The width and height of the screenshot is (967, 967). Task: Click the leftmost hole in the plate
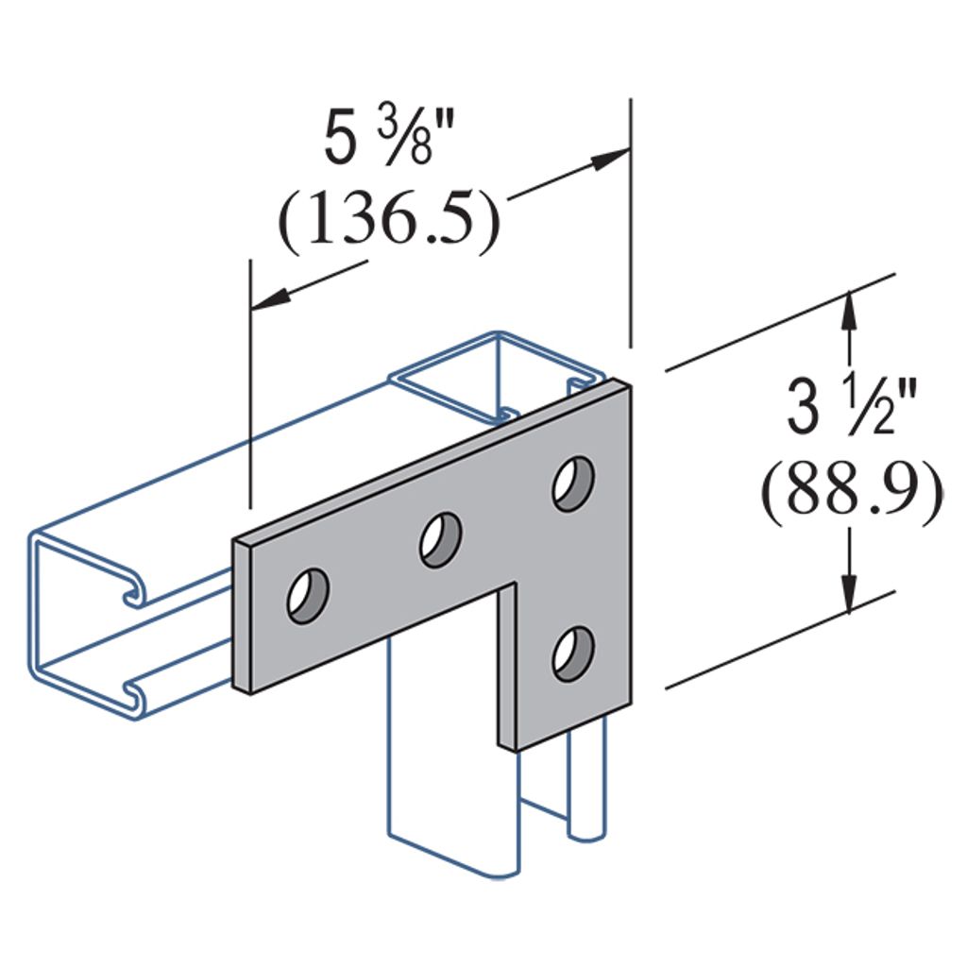(x=309, y=596)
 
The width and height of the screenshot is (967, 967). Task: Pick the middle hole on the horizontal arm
(x=441, y=539)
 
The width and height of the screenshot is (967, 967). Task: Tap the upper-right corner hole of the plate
(x=574, y=483)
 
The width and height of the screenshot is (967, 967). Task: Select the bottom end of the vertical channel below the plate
(x=453, y=855)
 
